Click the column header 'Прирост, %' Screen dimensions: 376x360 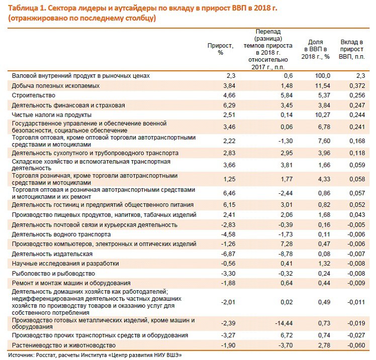(220, 49)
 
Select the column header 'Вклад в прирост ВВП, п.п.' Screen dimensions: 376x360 (352, 49)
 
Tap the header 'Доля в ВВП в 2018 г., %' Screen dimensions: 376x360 (316, 49)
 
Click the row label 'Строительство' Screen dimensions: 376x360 (34, 95)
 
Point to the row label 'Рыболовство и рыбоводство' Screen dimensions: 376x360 (53, 274)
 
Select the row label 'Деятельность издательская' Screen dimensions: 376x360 (52, 254)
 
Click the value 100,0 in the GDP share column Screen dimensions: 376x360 (323, 76)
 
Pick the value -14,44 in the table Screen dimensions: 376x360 (284, 323)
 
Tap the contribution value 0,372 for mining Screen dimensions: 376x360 (357, 86)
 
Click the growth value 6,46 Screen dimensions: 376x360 (229, 193)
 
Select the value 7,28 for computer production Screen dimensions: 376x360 (287, 244)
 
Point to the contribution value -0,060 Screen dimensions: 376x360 (356, 345)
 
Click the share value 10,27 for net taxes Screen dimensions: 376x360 (323, 115)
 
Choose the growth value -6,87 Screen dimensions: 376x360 (228, 254)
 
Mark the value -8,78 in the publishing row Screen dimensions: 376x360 (286, 254)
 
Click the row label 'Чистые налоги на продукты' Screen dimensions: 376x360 (52, 115)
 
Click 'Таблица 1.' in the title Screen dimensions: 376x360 (27, 8)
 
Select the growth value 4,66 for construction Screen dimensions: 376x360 (229, 95)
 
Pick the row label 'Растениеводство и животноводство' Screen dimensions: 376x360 (64, 345)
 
